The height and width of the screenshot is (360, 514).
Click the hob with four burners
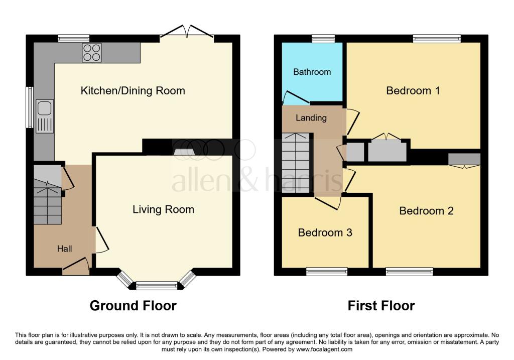pos(91,53)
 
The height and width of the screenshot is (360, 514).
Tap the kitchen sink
pos(44,116)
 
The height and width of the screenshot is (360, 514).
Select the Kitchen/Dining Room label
pos(133,91)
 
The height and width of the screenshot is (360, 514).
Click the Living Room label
pos(163,209)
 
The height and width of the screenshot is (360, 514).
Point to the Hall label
pos(64,249)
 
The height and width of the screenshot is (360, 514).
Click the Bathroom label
pos(312,72)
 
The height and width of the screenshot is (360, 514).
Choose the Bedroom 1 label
pos(413,91)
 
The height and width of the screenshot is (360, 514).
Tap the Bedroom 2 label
pos(426,211)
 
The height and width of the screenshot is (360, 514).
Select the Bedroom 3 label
pos(325,233)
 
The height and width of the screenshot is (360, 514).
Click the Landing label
pos(311,118)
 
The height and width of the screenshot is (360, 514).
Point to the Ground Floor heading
pos(133,305)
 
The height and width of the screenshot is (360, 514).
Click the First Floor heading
pos(381,305)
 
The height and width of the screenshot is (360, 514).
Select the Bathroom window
pos(323,38)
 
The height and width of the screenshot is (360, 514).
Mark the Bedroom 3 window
pos(326,272)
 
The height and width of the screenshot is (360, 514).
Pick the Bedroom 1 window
pos(437,38)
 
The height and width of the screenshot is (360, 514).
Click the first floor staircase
pos(296,163)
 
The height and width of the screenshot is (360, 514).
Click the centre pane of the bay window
pos(157,286)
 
